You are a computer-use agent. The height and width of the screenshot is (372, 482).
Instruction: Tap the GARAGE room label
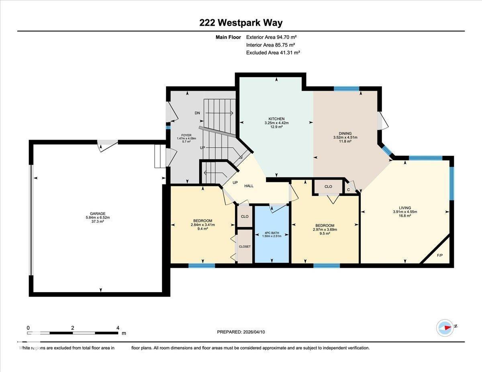tap(98, 213)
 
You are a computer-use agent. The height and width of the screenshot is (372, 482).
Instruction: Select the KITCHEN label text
tap(277, 119)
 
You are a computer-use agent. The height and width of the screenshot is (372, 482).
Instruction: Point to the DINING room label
tap(345, 134)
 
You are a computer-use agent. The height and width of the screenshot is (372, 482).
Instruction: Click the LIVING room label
tap(405, 208)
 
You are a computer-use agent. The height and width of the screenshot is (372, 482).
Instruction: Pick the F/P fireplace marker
tap(439, 255)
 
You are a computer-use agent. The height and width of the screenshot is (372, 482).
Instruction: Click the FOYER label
tap(186, 135)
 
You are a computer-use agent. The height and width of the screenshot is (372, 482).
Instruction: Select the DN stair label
tap(197, 113)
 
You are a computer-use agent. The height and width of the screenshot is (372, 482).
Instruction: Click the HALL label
tap(249, 186)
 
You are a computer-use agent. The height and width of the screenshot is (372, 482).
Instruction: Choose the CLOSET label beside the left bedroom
tap(245, 246)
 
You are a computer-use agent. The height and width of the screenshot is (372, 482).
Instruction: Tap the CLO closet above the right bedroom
tap(328, 187)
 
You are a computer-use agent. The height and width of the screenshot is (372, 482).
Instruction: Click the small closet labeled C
tap(349, 189)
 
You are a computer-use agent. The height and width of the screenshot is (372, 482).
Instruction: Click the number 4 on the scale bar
tap(118, 327)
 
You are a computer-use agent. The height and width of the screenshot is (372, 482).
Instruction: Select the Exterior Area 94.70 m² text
tap(271, 37)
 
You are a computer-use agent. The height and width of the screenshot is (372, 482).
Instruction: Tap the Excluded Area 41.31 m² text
tap(273, 53)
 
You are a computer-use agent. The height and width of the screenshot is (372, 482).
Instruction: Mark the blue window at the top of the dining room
tap(346, 89)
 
